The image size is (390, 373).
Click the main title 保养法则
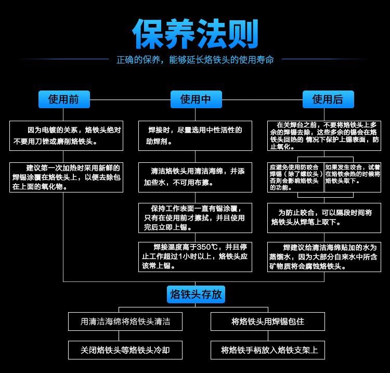(x=195, y=34)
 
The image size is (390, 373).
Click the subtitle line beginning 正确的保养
(x=195, y=60)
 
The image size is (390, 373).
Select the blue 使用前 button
(x=63, y=99)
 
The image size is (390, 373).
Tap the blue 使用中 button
(x=196, y=99)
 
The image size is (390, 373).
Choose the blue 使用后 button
(x=328, y=99)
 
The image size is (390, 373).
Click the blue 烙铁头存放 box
(x=196, y=294)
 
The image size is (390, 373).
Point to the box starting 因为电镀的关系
(x=66, y=136)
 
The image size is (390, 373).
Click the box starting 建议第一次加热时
(x=66, y=177)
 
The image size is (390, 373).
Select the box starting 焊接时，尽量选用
(x=195, y=136)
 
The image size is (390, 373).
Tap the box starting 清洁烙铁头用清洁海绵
(x=195, y=177)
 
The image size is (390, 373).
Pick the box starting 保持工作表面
(x=195, y=217)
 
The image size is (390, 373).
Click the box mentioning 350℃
(x=195, y=256)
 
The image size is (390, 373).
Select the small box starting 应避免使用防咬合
(x=295, y=177)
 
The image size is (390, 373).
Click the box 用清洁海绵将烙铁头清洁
(x=125, y=321)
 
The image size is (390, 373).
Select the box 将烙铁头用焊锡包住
(x=267, y=321)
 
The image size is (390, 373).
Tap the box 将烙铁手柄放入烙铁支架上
(x=267, y=350)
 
